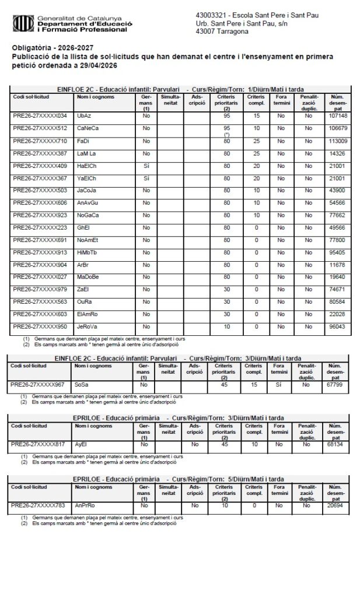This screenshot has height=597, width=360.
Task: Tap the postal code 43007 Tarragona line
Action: point(223,31)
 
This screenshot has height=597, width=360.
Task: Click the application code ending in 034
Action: point(40,116)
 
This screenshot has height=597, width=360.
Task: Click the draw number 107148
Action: point(338,116)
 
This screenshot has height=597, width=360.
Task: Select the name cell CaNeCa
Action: point(88,128)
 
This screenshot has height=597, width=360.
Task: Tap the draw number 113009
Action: point(338,141)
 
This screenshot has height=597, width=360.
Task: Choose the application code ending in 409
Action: point(40,166)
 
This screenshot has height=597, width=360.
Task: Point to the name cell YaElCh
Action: point(88,178)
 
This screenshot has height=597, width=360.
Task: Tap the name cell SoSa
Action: point(81,385)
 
